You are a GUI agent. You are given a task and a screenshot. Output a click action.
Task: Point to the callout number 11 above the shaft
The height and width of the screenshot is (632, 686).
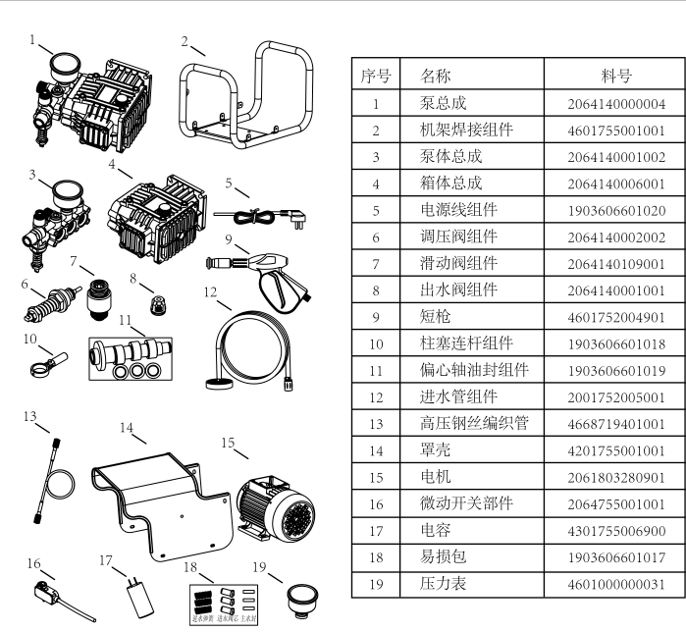125,320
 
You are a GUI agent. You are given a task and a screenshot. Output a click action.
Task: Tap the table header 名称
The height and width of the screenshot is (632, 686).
436,76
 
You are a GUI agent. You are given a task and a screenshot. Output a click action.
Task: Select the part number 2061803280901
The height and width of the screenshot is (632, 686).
616,477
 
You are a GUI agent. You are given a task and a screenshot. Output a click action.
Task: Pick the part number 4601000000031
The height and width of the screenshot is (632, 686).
616,584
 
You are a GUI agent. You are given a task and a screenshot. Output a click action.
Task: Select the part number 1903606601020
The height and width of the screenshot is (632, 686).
616,210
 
